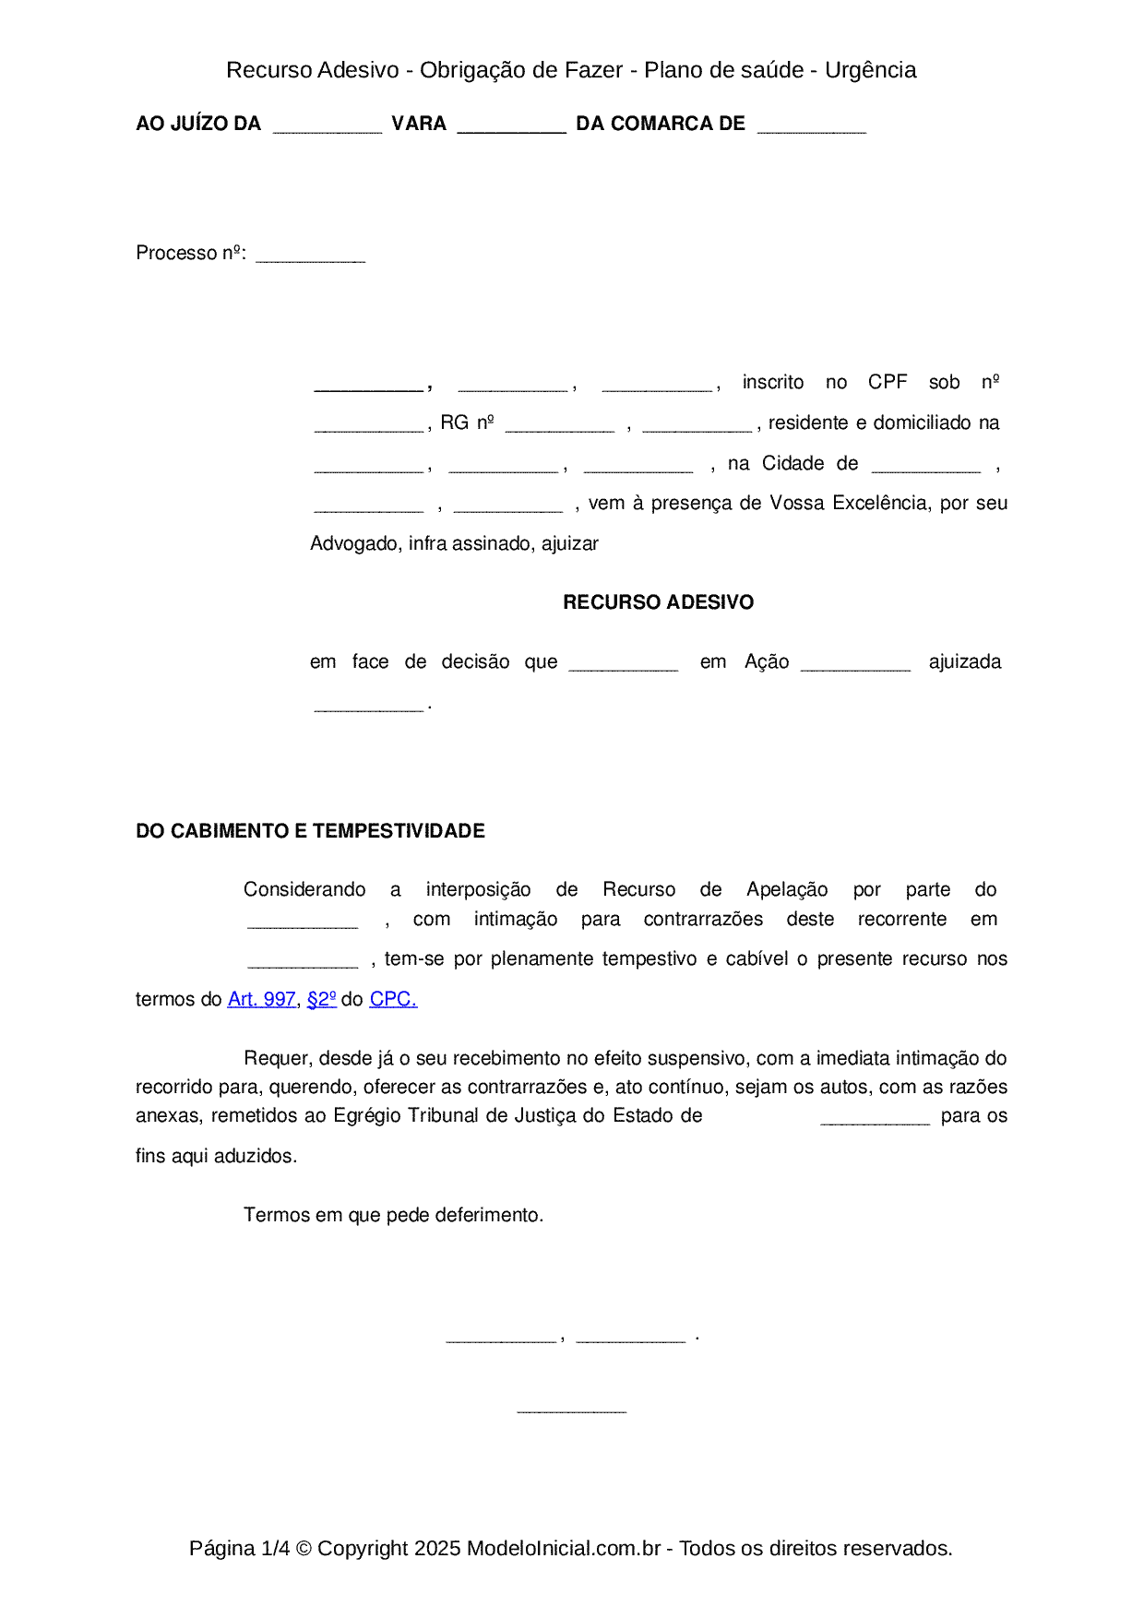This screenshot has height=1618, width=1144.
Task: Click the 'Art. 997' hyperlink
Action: (261, 999)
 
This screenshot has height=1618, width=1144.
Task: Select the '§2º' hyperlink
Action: (321, 999)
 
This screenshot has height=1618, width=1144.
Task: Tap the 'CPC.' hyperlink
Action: (393, 999)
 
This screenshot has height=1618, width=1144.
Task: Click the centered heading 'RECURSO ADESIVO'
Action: (658, 602)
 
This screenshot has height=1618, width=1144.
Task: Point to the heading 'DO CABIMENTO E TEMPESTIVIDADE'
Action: (310, 831)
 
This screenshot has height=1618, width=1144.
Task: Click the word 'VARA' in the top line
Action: (419, 124)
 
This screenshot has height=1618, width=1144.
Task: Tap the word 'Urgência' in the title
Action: (870, 70)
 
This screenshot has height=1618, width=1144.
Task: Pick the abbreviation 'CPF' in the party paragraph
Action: (888, 382)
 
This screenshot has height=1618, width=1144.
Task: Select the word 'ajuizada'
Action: (964, 661)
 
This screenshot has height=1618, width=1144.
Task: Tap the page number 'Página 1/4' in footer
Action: (239, 1549)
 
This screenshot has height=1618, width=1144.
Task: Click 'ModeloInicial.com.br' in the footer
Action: (563, 1549)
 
